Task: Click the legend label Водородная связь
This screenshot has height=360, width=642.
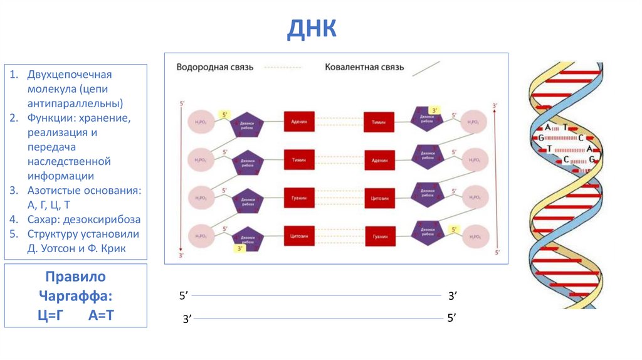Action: point(214,67)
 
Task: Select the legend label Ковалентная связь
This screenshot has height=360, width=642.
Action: point(364,67)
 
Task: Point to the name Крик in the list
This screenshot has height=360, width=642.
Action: point(113,248)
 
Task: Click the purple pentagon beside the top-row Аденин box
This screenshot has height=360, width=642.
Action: point(246,125)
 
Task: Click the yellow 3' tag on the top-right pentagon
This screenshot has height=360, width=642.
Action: point(435,110)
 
